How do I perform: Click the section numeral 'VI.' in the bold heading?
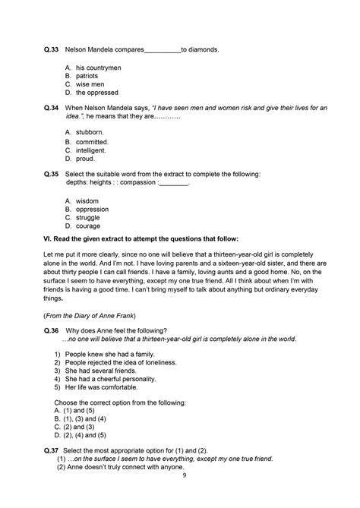pos(49,239)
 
